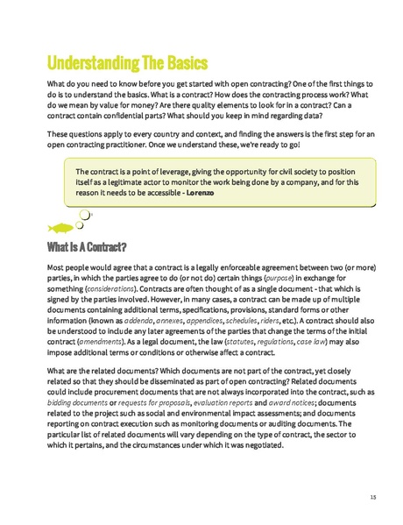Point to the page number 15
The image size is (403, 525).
tap(372, 497)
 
